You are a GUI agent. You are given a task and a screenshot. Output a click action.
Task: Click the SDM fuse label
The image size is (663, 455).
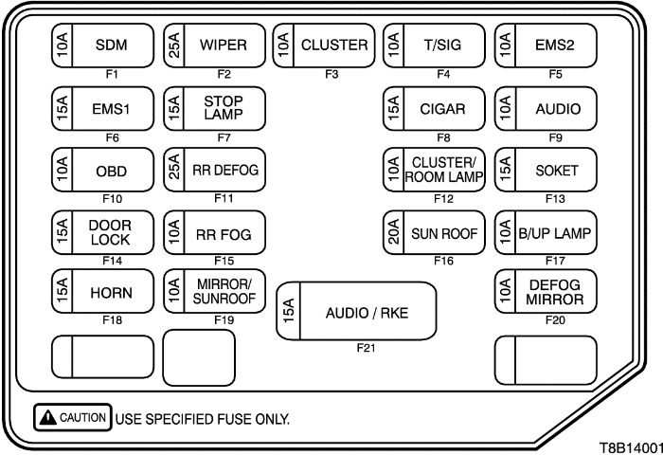coord(112,44)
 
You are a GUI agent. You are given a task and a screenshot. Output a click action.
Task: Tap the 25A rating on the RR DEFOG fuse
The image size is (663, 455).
coord(173,170)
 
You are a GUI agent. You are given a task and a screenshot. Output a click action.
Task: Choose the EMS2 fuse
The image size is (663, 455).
coord(547,44)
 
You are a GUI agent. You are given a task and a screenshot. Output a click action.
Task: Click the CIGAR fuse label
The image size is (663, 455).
coord(443,107)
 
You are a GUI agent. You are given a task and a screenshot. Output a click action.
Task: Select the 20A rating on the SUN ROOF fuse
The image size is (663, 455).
coord(393,232)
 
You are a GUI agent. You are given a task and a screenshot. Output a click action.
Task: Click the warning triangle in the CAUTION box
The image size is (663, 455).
coord(45,417)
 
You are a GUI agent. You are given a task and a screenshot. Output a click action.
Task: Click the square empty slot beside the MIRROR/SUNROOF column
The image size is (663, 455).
coord(200,360)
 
